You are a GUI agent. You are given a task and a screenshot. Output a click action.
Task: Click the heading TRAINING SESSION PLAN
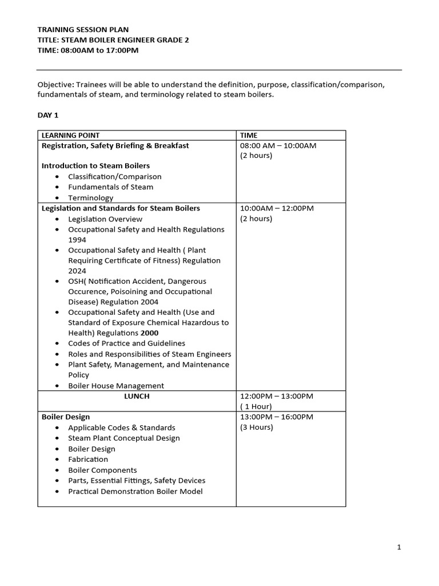click(x=83, y=29)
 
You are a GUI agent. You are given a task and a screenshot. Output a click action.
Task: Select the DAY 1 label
click(x=48, y=115)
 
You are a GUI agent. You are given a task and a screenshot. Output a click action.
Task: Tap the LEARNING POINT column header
click(x=70, y=136)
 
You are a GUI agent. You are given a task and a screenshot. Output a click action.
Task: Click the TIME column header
click(x=249, y=136)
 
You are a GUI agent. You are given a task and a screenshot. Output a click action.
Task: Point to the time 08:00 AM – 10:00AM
click(x=278, y=145)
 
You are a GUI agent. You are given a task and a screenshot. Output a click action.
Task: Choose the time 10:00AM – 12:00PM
click(x=277, y=208)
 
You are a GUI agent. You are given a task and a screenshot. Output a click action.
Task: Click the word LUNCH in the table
click(x=137, y=396)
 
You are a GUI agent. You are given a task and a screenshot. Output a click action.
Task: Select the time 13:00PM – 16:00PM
click(x=277, y=417)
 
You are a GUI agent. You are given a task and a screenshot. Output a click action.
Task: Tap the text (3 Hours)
click(x=257, y=427)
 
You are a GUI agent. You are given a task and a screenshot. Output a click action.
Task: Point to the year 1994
click(x=77, y=240)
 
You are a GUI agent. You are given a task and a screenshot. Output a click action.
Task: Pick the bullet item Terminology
click(x=91, y=198)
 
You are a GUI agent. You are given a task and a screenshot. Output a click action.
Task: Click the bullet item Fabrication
click(x=88, y=459)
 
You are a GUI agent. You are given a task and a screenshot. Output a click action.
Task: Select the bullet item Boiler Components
click(x=102, y=470)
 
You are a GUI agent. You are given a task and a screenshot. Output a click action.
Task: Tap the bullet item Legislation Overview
click(x=105, y=219)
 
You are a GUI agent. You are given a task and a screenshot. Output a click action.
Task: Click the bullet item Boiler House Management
click(x=116, y=386)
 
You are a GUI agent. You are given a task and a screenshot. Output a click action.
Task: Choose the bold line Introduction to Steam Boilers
click(x=95, y=166)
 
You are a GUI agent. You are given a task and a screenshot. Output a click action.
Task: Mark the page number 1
click(x=399, y=548)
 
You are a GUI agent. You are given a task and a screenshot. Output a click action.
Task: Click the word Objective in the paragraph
click(x=54, y=85)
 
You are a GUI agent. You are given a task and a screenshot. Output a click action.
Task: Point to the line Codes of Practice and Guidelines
click(x=126, y=343)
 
